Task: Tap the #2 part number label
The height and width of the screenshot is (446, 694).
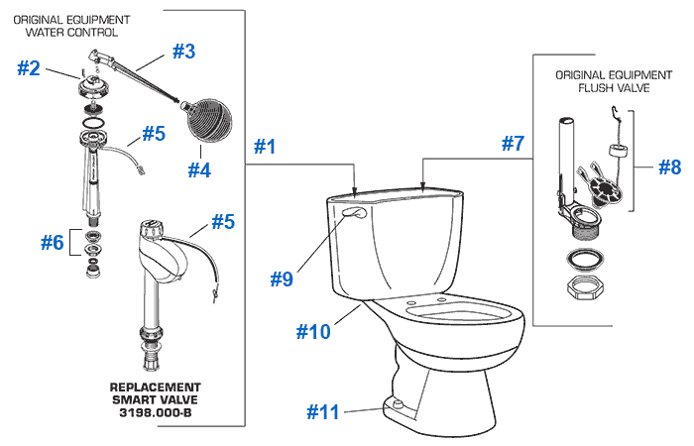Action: point(30,68)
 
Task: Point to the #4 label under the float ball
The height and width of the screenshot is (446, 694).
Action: point(200,169)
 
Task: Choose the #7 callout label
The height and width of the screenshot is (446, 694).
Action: point(512,143)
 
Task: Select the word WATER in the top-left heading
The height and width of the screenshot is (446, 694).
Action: point(49,32)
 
